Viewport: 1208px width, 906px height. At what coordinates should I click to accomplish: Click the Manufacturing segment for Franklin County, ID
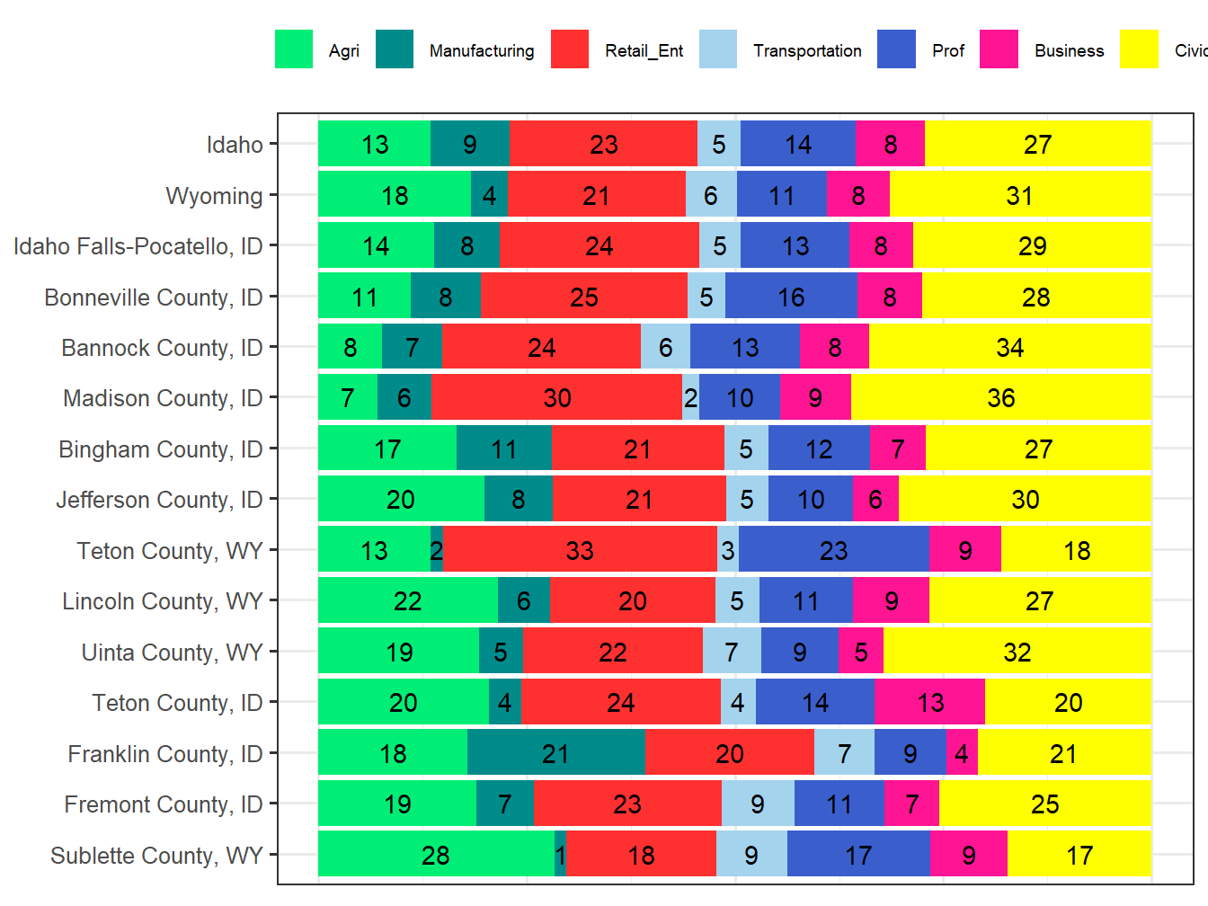(555, 753)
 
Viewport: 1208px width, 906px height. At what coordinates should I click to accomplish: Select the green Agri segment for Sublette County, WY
(436, 854)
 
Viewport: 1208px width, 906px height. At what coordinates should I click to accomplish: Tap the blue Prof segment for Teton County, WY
(833, 550)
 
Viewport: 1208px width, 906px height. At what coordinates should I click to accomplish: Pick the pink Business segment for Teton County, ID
(929, 702)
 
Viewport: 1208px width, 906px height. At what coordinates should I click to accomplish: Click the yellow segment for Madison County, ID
(1000, 397)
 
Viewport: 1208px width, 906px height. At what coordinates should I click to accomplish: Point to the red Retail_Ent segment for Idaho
(603, 144)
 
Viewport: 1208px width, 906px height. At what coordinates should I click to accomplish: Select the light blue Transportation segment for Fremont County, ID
(758, 804)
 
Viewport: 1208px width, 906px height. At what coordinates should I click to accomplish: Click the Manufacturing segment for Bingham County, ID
(503, 449)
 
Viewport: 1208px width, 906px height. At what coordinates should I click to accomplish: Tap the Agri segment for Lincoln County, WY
(407, 600)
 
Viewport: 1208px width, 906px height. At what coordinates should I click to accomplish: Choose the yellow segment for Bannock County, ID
(1009, 347)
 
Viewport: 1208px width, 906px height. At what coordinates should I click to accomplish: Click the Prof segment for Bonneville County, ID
(791, 297)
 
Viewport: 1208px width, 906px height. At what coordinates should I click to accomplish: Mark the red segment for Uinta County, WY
(612, 652)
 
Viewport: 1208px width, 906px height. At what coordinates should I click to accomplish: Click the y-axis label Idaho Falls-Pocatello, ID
(138, 246)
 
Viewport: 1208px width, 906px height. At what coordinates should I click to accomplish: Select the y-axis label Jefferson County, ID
(159, 500)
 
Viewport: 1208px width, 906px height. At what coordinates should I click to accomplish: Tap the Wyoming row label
(214, 196)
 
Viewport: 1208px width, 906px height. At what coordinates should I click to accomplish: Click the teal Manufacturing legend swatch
(395, 49)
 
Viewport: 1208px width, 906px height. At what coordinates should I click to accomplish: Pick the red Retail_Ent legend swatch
(570, 49)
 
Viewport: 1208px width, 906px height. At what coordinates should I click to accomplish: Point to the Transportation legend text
(807, 51)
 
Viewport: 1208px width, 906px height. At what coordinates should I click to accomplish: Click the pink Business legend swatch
(999, 49)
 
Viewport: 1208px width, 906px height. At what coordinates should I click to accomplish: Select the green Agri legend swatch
(294, 49)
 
